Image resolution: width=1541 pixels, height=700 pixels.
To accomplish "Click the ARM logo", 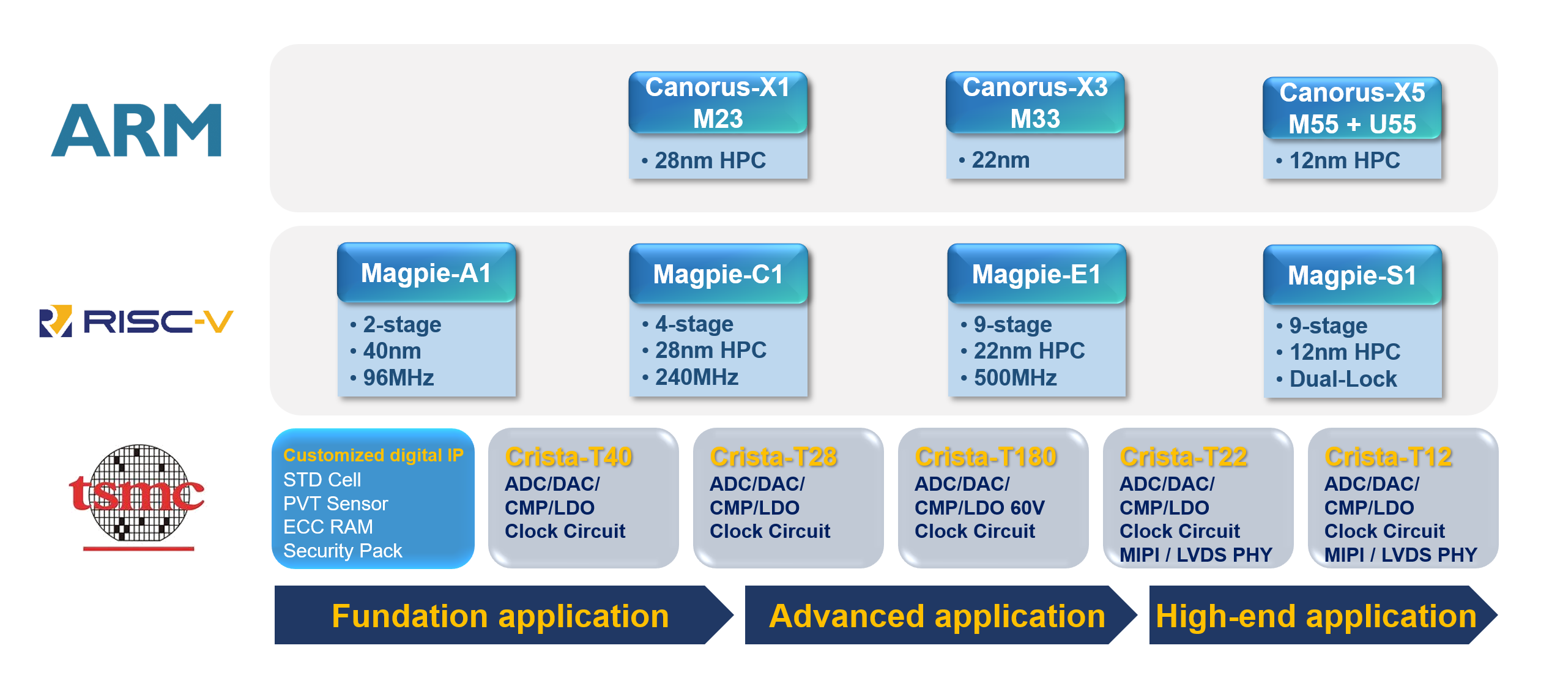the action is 136,130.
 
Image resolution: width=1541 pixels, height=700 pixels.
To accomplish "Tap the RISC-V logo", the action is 136,321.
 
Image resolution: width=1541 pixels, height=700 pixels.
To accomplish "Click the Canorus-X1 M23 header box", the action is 718,103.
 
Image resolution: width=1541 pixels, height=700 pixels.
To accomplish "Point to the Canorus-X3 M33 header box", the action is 1035,103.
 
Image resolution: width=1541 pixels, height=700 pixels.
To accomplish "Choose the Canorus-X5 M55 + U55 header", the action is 1352,108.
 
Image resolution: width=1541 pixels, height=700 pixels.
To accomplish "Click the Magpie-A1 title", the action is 426,273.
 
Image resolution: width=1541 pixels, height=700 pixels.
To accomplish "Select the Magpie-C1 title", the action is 718,274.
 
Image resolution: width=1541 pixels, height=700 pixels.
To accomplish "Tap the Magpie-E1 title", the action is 1036,274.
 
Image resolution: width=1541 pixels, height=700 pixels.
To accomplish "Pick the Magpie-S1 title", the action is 1352,275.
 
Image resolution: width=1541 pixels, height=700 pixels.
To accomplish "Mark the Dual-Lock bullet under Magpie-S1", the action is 1337,379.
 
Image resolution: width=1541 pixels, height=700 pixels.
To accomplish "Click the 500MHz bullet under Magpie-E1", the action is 1009,378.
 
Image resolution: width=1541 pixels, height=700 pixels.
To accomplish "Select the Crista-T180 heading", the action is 986,456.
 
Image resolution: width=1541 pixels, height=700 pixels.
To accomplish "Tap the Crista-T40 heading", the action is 569,456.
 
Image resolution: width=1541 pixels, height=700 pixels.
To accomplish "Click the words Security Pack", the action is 343,551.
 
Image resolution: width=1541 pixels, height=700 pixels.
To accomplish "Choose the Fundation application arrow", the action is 503,615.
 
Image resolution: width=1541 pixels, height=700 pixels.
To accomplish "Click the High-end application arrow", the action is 1323,615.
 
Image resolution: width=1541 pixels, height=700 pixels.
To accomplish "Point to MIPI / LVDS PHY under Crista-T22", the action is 1196,554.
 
